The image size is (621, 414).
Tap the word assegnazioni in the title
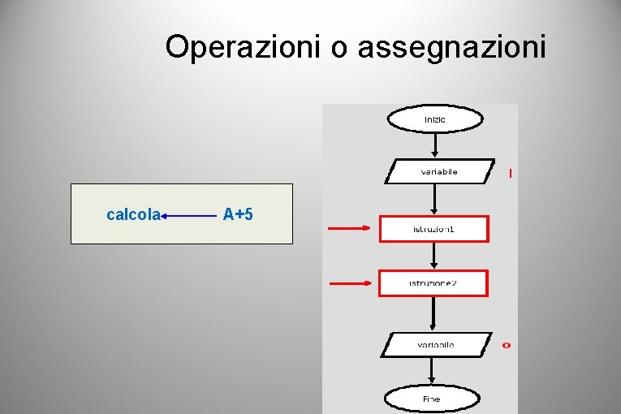(x=451, y=47)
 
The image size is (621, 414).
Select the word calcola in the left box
(x=133, y=214)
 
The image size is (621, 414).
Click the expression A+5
(x=238, y=214)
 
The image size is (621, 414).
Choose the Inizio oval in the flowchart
(x=435, y=119)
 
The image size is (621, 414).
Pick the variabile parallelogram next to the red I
(x=438, y=171)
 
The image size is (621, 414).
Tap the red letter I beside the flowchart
(x=510, y=173)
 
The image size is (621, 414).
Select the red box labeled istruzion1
(x=434, y=229)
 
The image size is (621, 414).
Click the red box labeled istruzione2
(x=433, y=283)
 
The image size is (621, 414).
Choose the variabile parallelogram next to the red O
(x=436, y=345)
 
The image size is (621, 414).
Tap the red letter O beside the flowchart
(x=507, y=345)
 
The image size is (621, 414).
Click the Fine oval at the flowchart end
(x=432, y=399)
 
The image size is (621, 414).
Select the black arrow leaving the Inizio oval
(x=436, y=144)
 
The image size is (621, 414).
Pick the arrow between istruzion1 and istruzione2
(x=435, y=256)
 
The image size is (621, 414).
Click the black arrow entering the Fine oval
(x=433, y=372)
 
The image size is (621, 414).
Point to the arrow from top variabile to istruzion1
(x=436, y=200)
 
